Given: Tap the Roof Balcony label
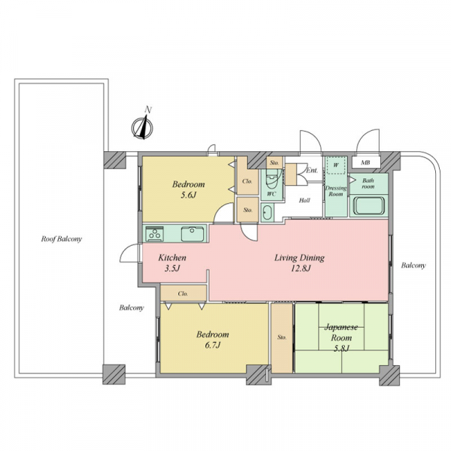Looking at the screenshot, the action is [62, 239].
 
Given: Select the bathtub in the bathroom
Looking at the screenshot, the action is [369, 205].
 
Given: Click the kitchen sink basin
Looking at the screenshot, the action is [192, 234].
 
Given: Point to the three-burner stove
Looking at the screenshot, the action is [155, 234].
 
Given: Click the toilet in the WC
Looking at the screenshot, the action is [271, 178].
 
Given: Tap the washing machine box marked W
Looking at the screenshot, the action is [336, 165].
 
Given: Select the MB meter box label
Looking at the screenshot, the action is [365, 163].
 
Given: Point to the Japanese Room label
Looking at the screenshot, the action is [341, 332].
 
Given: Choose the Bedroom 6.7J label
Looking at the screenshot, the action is [213, 340].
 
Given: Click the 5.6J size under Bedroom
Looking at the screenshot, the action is [189, 195].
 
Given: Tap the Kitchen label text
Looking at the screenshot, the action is [172, 257].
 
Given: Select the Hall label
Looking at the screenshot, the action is [304, 200].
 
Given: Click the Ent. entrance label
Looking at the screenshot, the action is [312, 171].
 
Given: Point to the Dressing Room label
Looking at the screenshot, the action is [336, 191].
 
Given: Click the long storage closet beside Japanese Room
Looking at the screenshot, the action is [282, 338].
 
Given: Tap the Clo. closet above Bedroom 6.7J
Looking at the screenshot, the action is [183, 293].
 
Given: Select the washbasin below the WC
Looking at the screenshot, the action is [267, 212].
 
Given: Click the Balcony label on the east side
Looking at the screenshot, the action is [413, 265].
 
